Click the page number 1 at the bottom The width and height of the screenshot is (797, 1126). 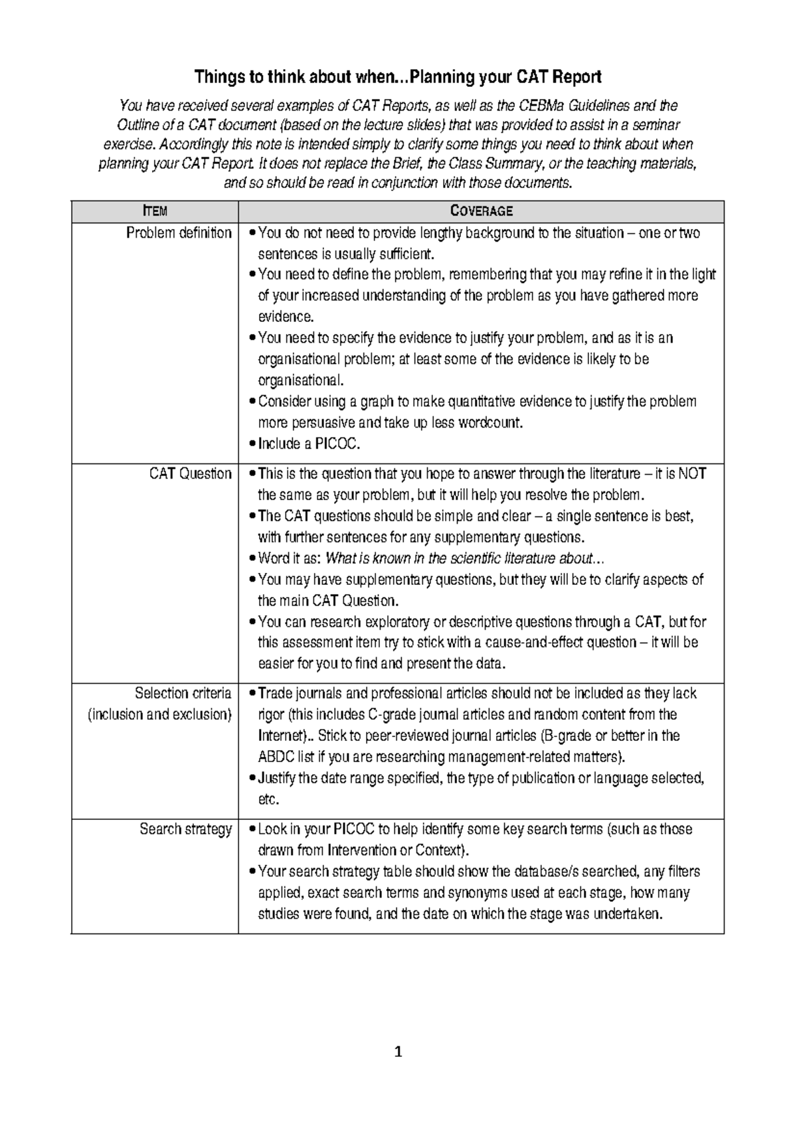pos(398,1052)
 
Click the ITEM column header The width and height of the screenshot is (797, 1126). pos(155,211)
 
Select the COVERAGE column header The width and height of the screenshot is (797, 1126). pos(481,211)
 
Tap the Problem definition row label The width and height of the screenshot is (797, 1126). pos(179,233)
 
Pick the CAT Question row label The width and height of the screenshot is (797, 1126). pos(190,473)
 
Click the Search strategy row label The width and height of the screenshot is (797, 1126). pos(185,829)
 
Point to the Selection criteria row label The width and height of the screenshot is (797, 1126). pos(183,693)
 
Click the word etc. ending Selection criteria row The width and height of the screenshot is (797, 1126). pos(268,799)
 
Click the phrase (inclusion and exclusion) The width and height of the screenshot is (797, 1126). pos(159,714)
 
